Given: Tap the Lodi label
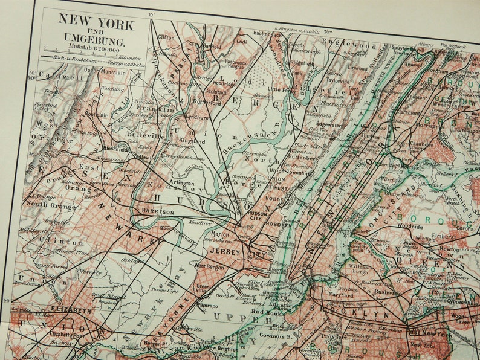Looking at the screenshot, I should click(x=241, y=42).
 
